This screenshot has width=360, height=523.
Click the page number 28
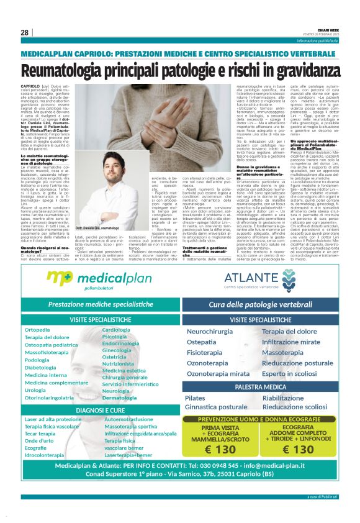click(25, 32)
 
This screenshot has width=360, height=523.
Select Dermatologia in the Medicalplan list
click(120, 397)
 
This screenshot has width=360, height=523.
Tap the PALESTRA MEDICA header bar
click(261, 386)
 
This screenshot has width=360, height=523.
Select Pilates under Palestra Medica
click(195, 398)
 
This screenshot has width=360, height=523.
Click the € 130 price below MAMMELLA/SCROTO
click(220, 449)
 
